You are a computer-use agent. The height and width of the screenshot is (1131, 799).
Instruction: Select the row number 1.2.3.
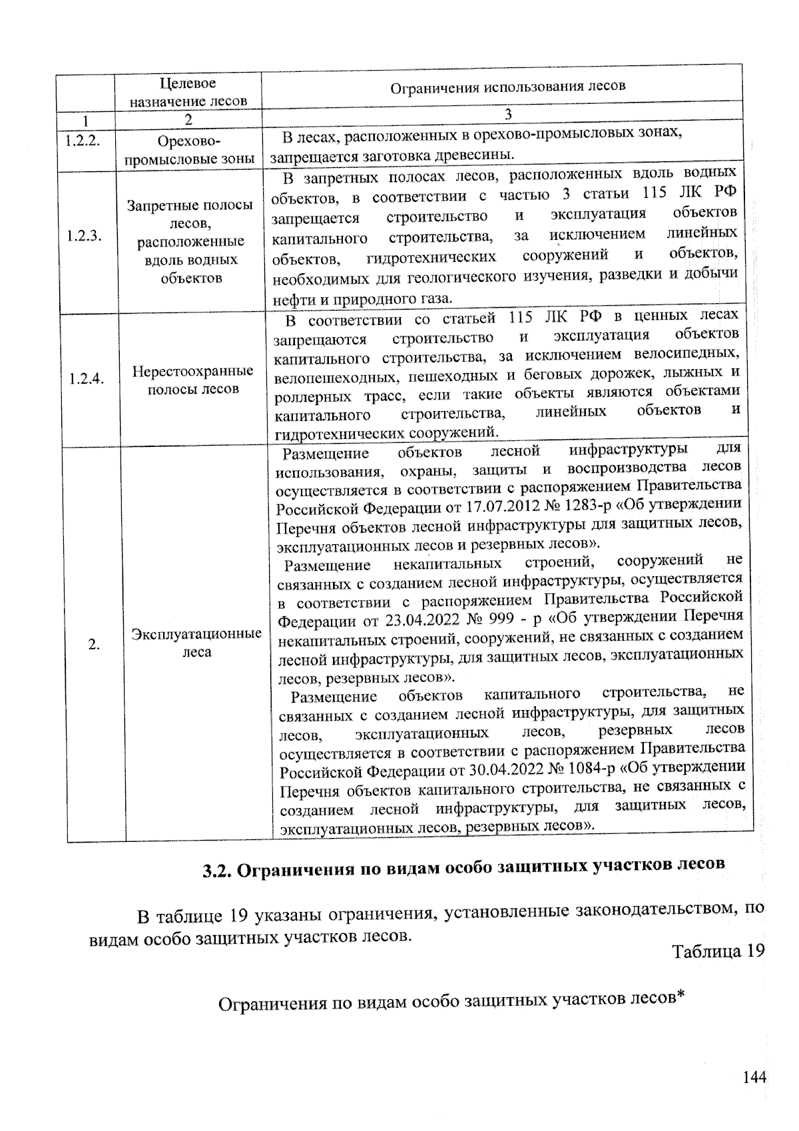point(84,236)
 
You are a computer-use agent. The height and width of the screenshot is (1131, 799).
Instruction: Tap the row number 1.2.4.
point(87,379)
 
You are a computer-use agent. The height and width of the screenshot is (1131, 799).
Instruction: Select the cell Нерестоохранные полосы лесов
point(192,380)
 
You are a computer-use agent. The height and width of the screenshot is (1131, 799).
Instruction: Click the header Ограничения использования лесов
point(507,86)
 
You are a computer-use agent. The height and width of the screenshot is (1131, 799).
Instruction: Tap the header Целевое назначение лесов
point(188,93)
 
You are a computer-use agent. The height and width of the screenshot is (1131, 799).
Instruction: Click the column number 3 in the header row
point(508,115)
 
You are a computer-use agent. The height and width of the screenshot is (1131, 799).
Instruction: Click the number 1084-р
point(591,771)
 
